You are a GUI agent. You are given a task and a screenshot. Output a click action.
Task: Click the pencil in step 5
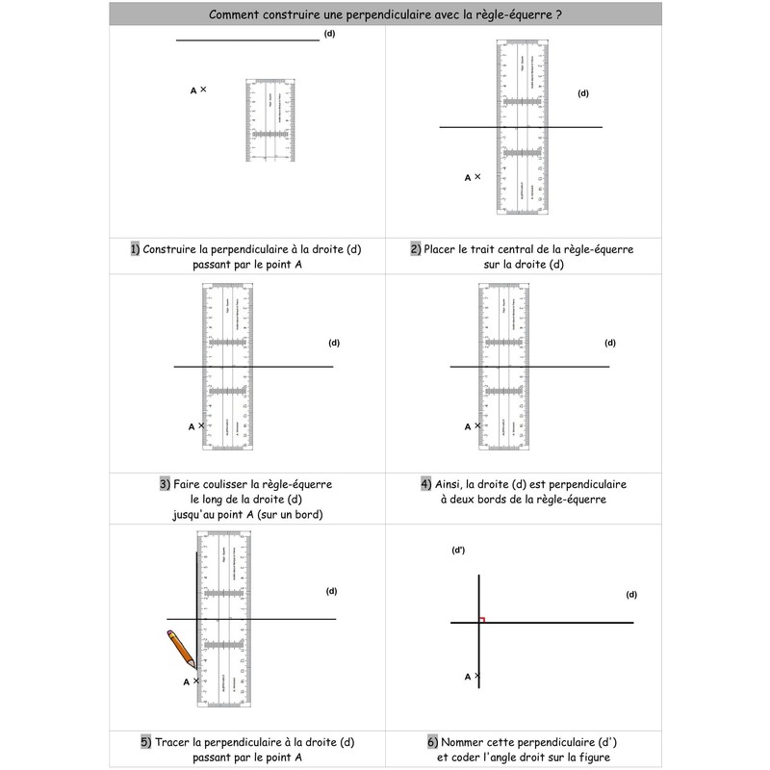180,649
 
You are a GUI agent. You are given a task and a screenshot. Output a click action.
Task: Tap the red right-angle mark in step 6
481,620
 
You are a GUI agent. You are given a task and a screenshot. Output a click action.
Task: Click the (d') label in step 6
458,550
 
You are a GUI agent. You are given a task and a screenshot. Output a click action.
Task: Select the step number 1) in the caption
135,248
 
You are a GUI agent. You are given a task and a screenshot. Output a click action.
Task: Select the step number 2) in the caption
416,248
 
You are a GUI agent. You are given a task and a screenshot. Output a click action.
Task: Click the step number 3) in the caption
166,483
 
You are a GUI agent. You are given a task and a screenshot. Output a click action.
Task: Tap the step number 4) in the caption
426,483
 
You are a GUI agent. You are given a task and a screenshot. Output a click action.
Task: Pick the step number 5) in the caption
146,742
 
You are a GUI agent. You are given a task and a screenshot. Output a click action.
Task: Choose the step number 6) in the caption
433,742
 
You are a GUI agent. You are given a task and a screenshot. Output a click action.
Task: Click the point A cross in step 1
203,90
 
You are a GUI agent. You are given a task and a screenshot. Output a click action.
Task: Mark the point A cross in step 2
477,177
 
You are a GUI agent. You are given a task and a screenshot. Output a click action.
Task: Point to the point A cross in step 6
477,677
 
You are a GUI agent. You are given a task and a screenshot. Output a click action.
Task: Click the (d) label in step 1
329,34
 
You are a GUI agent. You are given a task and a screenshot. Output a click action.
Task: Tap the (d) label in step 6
631,594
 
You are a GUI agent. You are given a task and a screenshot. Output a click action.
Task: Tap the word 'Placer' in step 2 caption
443,248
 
